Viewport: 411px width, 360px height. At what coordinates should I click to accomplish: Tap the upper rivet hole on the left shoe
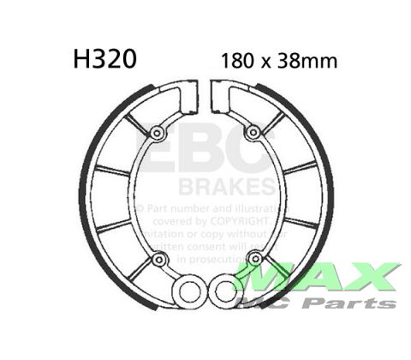[x=158, y=132]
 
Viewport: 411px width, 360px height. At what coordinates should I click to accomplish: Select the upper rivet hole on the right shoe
[x=254, y=132]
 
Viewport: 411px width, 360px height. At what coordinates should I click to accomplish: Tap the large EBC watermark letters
[x=205, y=154]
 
